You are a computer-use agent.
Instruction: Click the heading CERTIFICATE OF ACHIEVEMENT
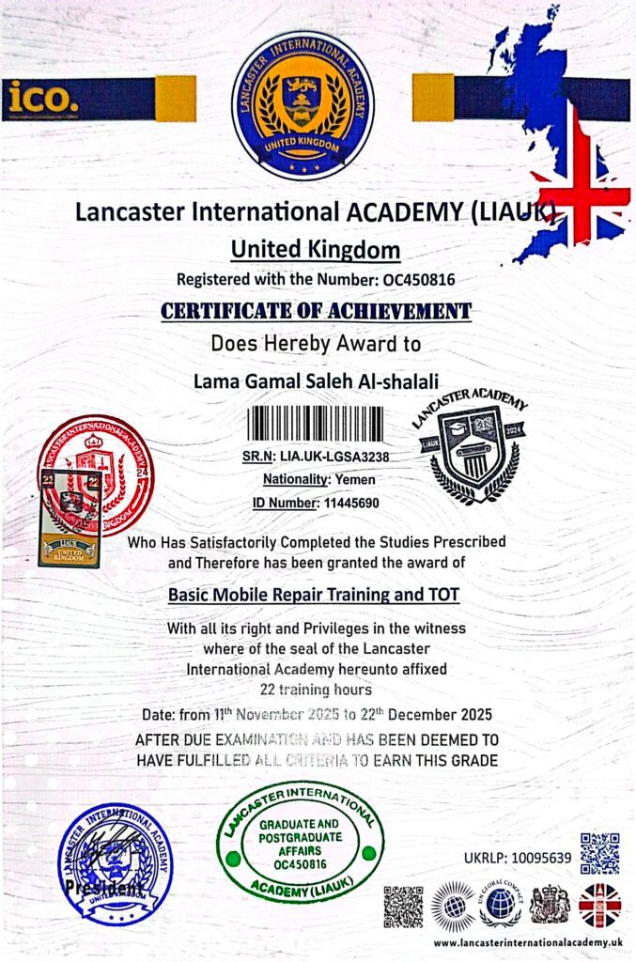click(x=316, y=311)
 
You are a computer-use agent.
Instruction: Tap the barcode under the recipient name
click(x=315, y=424)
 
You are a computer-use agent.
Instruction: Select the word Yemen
click(x=355, y=480)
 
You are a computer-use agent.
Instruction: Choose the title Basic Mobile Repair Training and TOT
click(x=316, y=595)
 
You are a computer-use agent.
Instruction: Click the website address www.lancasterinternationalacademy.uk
click(x=527, y=942)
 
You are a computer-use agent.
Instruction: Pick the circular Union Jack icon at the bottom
click(x=599, y=906)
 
